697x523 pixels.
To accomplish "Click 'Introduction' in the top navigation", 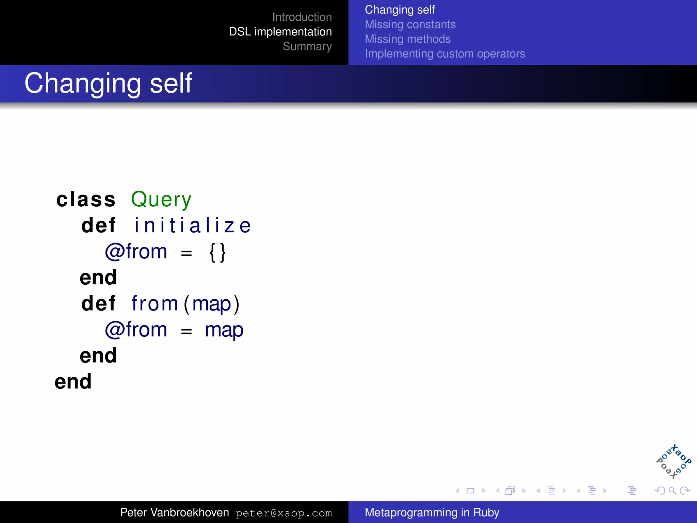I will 302,17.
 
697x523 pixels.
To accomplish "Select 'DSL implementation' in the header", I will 280,32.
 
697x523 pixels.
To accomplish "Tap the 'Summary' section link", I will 307,46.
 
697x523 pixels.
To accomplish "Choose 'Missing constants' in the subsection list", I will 410,25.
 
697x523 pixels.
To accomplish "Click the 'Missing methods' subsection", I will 407,39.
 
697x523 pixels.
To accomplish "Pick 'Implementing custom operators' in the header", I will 445,54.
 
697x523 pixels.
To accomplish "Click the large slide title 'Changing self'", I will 108,83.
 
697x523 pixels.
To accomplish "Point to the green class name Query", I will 161,200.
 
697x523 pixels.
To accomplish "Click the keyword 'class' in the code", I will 86,200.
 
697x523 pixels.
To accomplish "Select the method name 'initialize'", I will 193,225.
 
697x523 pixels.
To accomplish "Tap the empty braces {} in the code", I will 217,252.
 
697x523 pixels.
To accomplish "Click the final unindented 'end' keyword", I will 73,382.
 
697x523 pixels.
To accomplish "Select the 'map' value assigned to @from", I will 224,330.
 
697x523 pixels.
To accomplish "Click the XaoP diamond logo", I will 674,462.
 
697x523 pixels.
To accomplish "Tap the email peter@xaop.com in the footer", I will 283,513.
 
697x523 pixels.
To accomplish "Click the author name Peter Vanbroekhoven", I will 175,512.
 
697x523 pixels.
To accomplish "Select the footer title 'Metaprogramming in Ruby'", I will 432,512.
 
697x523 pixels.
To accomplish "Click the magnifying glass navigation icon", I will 672,491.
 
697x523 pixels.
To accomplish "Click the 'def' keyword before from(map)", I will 98,303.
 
